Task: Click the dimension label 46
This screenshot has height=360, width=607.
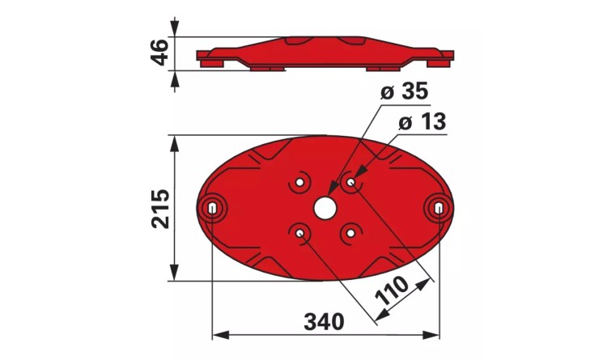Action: pos(159,53)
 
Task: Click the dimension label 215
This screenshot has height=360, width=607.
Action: pos(161,209)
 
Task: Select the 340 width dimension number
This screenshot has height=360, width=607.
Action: pos(324,322)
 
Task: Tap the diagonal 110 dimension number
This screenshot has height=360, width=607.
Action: pos(392,290)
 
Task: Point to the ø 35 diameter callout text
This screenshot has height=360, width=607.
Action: pos(405,91)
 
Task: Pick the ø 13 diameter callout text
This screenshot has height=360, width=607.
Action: pos(422,122)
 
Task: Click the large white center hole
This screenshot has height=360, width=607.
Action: pos(325,208)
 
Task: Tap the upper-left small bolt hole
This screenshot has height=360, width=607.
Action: pos(299,182)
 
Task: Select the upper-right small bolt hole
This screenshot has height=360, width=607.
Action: pos(350,182)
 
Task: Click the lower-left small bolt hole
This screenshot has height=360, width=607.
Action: pos(299,233)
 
